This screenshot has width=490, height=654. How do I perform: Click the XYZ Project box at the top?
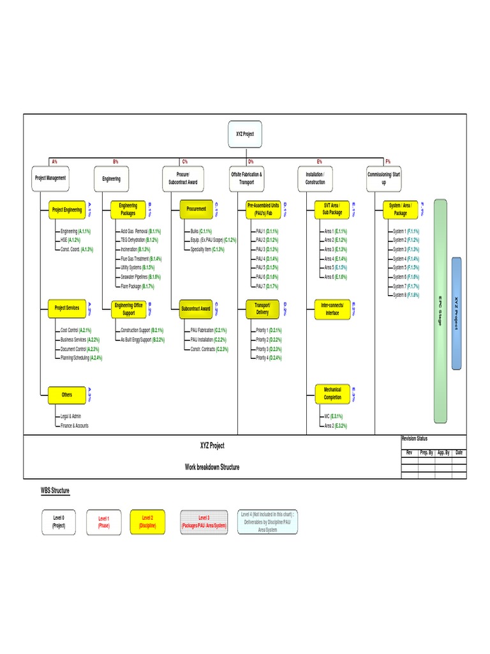(x=245, y=133)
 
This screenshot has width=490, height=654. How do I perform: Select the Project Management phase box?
(x=50, y=178)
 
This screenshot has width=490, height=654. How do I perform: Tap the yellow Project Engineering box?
(x=67, y=209)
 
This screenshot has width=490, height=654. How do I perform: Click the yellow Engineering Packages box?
(x=128, y=209)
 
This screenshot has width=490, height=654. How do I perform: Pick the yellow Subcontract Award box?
(x=196, y=308)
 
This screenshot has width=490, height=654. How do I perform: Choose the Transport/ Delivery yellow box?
(x=263, y=309)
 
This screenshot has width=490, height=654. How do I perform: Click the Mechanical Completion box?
(x=332, y=393)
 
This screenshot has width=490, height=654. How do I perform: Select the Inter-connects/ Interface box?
(x=332, y=309)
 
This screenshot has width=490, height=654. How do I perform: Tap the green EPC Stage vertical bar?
(x=440, y=311)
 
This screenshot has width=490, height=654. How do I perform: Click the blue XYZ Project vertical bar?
(x=456, y=313)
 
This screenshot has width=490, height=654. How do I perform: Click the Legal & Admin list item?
(x=70, y=416)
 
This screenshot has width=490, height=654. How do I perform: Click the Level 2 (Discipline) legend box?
(x=148, y=522)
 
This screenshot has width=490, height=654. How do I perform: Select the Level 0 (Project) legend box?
(x=58, y=522)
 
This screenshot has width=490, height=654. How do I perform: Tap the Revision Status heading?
(x=415, y=439)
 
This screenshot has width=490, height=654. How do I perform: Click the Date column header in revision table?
(x=459, y=452)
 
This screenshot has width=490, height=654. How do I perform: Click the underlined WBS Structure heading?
(x=55, y=490)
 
